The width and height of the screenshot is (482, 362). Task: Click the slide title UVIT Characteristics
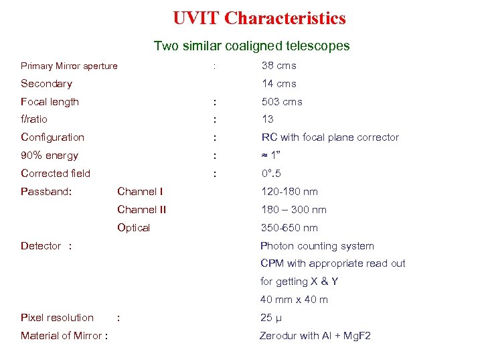pyautogui.click(x=259, y=18)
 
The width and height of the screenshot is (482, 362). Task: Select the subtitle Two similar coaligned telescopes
pyautogui.click(x=251, y=46)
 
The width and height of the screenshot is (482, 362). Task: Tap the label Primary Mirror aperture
pyautogui.click(x=69, y=66)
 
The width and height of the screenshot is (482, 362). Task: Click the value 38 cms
pyautogui.click(x=278, y=66)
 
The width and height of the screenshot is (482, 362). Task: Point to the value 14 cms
pyautogui.click(x=278, y=84)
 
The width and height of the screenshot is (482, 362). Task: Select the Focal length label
pyautogui.click(x=50, y=102)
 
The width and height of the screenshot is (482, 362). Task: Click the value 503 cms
pyautogui.click(x=282, y=102)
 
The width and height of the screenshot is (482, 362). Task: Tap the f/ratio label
pyautogui.click(x=34, y=119)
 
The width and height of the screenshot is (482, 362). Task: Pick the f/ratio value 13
pyautogui.click(x=268, y=119)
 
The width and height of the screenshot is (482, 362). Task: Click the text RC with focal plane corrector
pyautogui.click(x=330, y=137)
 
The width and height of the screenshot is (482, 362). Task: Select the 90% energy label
pyautogui.click(x=50, y=156)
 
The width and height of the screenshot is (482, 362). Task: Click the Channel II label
pyautogui.click(x=141, y=210)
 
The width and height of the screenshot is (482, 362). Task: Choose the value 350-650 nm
pyautogui.click(x=289, y=228)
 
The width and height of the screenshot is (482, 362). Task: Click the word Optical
pyautogui.click(x=133, y=228)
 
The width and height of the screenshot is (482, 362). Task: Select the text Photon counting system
pyautogui.click(x=317, y=246)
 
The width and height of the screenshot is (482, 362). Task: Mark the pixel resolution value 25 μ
pyautogui.click(x=270, y=318)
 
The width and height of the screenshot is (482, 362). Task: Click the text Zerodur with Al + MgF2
pyautogui.click(x=315, y=336)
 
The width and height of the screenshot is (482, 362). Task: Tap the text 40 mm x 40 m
pyautogui.click(x=294, y=300)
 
